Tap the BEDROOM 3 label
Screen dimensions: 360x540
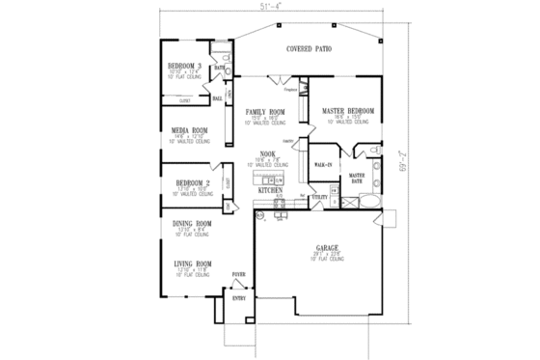click(x=183, y=66)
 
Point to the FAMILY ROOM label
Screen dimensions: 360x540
click(x=262, y=111)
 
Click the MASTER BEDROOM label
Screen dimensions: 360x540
click(x=345, y=111)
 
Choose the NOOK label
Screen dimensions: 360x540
click(x=269, y=153)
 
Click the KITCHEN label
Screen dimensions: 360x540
click(x=270, y=191)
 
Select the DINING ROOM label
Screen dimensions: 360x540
click(x=191, y=224)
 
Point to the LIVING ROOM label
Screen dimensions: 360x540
click(x=191, y=262)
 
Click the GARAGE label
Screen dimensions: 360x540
click(x=325, y=248)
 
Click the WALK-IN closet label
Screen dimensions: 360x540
click(x=324, y=166)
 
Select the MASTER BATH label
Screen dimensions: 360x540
click(x=356, y=179)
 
